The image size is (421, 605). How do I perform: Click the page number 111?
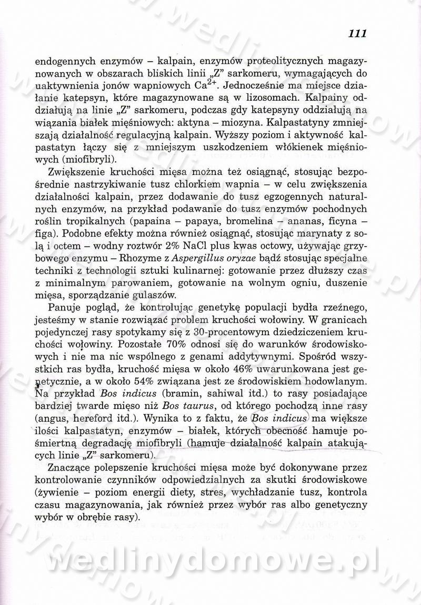tap(357, 34)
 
